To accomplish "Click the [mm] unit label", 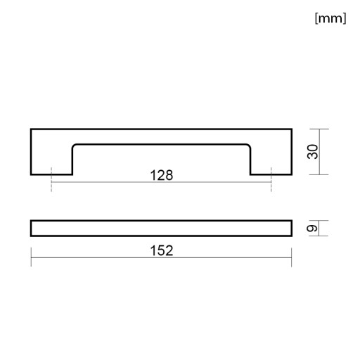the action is click(330, 18).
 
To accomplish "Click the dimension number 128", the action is click(162, 175).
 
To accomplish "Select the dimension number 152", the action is click(162, 250).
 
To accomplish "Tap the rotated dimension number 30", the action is click(313, 152).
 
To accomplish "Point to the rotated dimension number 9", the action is click(312, 229).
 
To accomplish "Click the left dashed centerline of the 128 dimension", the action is click(51, 179).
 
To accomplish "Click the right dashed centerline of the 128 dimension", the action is click(271, 179).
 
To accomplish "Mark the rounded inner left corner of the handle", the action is click(74, 146).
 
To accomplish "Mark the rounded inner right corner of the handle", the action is click(249, 146).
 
